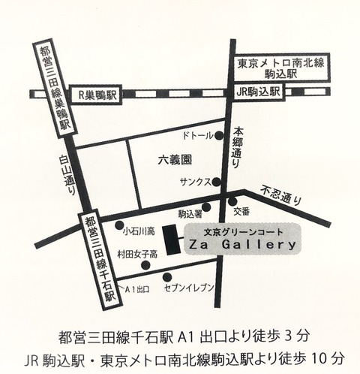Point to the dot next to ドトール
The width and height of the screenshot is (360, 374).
pyautogui.click(x=219, y=137)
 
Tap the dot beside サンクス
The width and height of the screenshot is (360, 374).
pyautogui.click(x=216, y=182)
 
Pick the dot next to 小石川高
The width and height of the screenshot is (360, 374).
pyautogui.click(x=118, y=225)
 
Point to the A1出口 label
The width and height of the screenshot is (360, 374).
pyautogui.click(x=137, y=288)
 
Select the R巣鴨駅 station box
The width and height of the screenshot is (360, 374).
pyautogui.click(x=97, y=95)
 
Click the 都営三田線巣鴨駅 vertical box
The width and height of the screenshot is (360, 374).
pyautogui.click(x=53, y=88)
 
